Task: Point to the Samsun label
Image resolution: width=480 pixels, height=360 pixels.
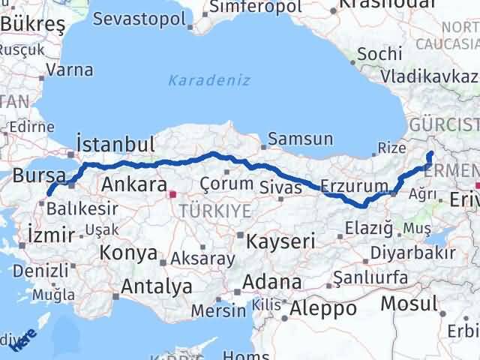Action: click(300, 139)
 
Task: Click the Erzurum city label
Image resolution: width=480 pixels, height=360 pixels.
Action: click(354, 185)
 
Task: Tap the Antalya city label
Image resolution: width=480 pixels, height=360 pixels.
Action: click(156, 286)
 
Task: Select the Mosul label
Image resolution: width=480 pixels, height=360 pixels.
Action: click(408, 304)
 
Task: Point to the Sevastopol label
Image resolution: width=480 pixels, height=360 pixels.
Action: click(138, 17)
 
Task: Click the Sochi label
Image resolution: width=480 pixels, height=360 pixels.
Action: click(374, 55)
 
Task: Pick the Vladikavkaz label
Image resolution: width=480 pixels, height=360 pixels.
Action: click(428, 76)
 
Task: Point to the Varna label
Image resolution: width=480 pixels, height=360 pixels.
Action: click(69, 70)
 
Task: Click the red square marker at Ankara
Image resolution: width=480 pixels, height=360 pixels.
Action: click(173, 194)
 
